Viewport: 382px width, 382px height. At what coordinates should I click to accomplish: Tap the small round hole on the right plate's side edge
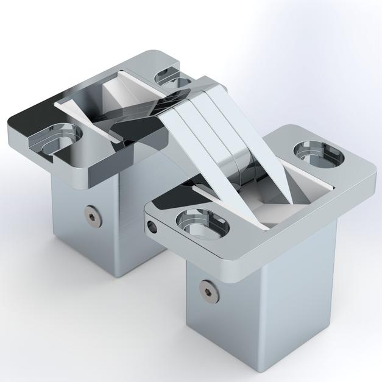point(152,225)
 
